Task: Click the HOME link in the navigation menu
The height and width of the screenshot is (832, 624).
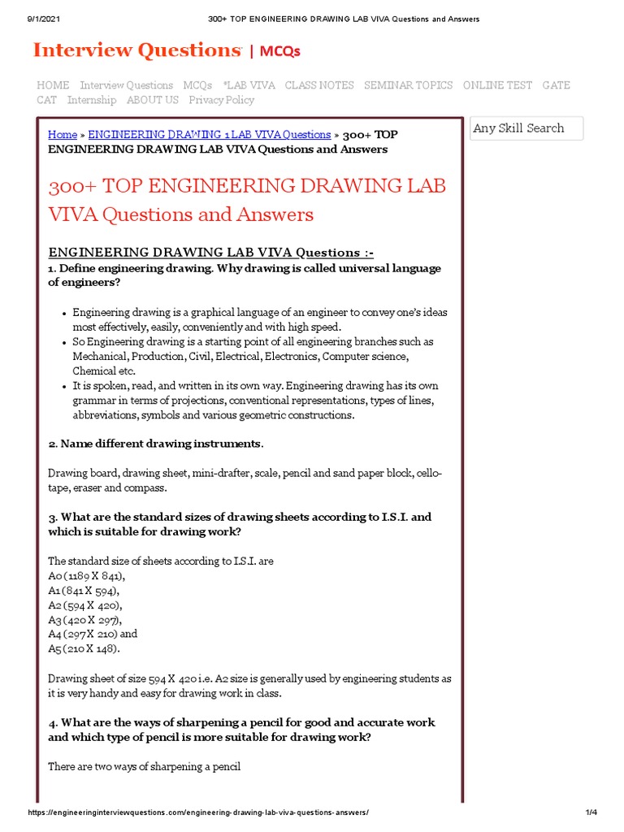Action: coord(53,85)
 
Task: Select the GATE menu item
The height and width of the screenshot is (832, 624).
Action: coord(557,85)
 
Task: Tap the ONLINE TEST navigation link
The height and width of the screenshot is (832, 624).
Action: coord(497,85)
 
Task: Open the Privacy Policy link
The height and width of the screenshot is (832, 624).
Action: coord(221,100)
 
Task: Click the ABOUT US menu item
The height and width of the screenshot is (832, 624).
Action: coord(152,100)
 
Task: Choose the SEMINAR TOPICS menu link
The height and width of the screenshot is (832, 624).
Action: coord(408,85)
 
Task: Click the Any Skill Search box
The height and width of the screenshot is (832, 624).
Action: coord(526,128)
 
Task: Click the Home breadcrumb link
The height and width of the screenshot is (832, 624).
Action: coord(63,135)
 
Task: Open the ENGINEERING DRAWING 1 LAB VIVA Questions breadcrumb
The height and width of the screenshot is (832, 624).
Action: coord(209,135)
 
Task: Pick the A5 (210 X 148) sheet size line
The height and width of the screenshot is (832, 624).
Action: coord(84,648)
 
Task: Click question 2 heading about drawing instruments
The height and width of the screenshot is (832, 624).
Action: coord(155,444)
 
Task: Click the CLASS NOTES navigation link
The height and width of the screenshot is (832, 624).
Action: coord(319,85)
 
